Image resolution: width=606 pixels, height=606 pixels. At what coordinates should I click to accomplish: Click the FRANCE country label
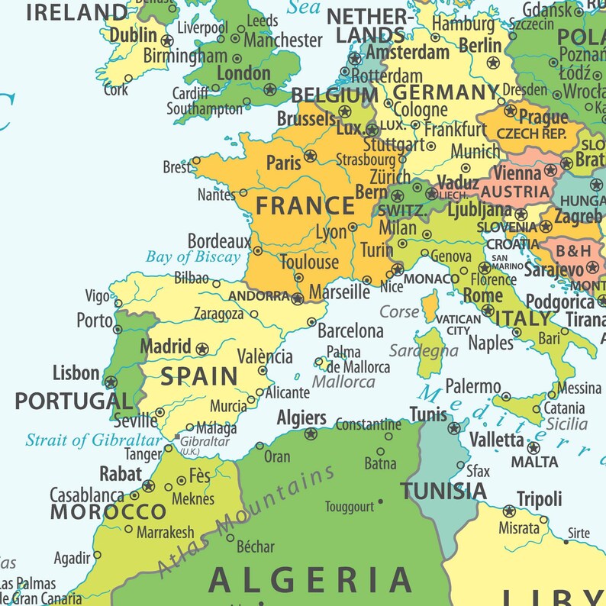pos(305,206)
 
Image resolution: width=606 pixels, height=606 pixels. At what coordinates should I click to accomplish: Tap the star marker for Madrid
pos(202,349)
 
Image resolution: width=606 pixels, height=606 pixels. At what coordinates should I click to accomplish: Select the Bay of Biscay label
pos(193,257)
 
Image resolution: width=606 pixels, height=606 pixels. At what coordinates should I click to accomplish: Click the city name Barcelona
pos(350,331)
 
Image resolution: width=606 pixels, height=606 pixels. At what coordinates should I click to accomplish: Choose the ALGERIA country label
pos(310,581)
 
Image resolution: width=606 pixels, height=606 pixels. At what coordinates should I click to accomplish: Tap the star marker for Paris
pos(310,156)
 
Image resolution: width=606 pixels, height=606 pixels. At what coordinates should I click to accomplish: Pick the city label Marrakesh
pos(165,533)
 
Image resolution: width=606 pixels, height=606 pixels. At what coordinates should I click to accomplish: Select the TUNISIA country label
pos(443,491)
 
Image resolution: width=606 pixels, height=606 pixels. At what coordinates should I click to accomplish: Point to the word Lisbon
pos(76,373)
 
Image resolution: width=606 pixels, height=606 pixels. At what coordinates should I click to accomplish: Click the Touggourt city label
pos(350,506)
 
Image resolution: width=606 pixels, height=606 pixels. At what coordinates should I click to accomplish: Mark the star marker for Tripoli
pos(509,511)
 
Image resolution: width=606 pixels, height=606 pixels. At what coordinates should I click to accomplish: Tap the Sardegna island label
pos(424,351)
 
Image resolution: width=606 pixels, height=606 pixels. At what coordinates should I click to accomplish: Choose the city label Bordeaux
pos(219,241)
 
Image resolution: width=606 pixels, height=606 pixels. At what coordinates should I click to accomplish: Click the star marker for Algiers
pos(310,434)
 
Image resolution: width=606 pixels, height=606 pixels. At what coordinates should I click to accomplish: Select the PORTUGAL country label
pos(73,401)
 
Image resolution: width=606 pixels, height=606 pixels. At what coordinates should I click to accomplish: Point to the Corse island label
pos(400,311)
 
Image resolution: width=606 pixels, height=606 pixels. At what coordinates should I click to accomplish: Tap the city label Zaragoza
pos(218,314)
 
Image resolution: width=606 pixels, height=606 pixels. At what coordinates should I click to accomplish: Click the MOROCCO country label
pos(108,511)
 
